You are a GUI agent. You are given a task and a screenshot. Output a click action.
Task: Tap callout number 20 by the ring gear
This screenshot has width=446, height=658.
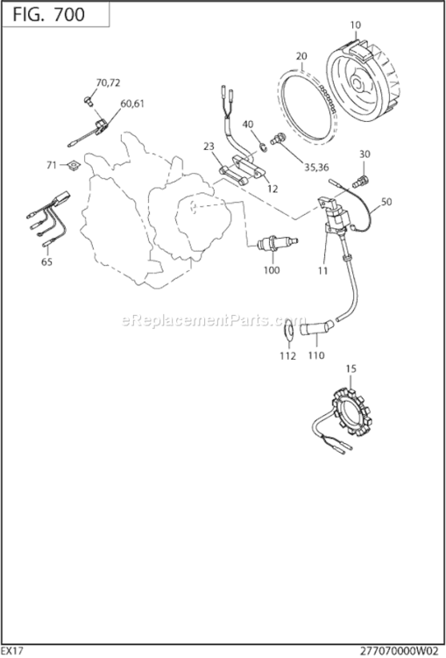click(301, 56)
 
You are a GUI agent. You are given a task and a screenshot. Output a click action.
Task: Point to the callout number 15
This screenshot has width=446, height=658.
click(350, 368)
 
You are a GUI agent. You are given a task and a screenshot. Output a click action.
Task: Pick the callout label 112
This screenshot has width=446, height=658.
click(287, 356)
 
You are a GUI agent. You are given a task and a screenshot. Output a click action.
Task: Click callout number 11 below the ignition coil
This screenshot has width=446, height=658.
click(322, 271)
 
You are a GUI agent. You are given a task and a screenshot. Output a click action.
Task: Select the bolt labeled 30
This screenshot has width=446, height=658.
click(360, 179)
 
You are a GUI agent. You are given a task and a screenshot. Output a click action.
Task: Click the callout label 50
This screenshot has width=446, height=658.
click(386, 202)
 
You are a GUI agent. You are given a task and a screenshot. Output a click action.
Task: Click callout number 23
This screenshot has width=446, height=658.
click(209, 147)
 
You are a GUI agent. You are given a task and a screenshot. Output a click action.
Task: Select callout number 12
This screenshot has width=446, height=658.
click(273, 189)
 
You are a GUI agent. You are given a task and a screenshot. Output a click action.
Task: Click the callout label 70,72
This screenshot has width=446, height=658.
click(108, 82)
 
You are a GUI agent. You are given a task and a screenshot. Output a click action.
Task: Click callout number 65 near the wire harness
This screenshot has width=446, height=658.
click(46, 261)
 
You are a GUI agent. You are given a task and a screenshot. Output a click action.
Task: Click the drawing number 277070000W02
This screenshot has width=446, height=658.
click(395, 650)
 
